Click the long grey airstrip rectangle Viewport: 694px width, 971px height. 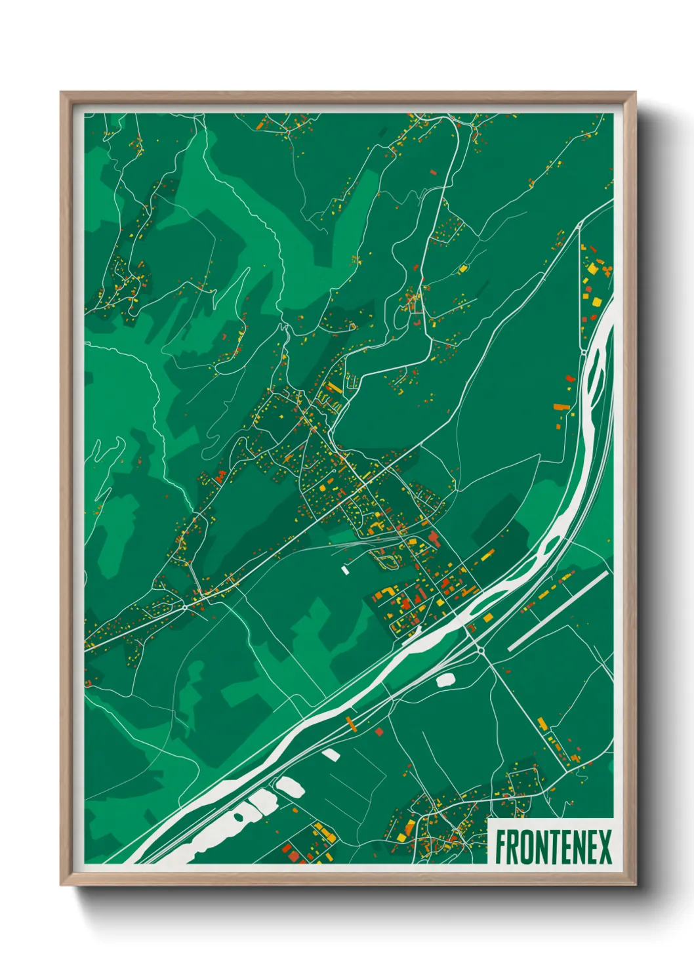pyautogui.click(x=558, y=611)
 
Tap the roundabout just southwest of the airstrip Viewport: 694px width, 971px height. pyautogui.click(x=481, y=650)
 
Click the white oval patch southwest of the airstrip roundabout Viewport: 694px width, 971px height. pyautogui.click(x=446, y=679)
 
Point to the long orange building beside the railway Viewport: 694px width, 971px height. pyautogui.click(x=351, y=724)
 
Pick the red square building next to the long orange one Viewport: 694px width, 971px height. pyautogui.click(x=378, y=731)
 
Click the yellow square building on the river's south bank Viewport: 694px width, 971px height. pyautogui.click(x=487, y=617)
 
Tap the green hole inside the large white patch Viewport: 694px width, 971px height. pyautogui.click(x=237, y=817)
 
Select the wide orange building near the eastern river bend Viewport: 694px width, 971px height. pyautogui.click(x=561, y=407)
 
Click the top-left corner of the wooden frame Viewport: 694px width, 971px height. pyautogui.click(x=61, y=93)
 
